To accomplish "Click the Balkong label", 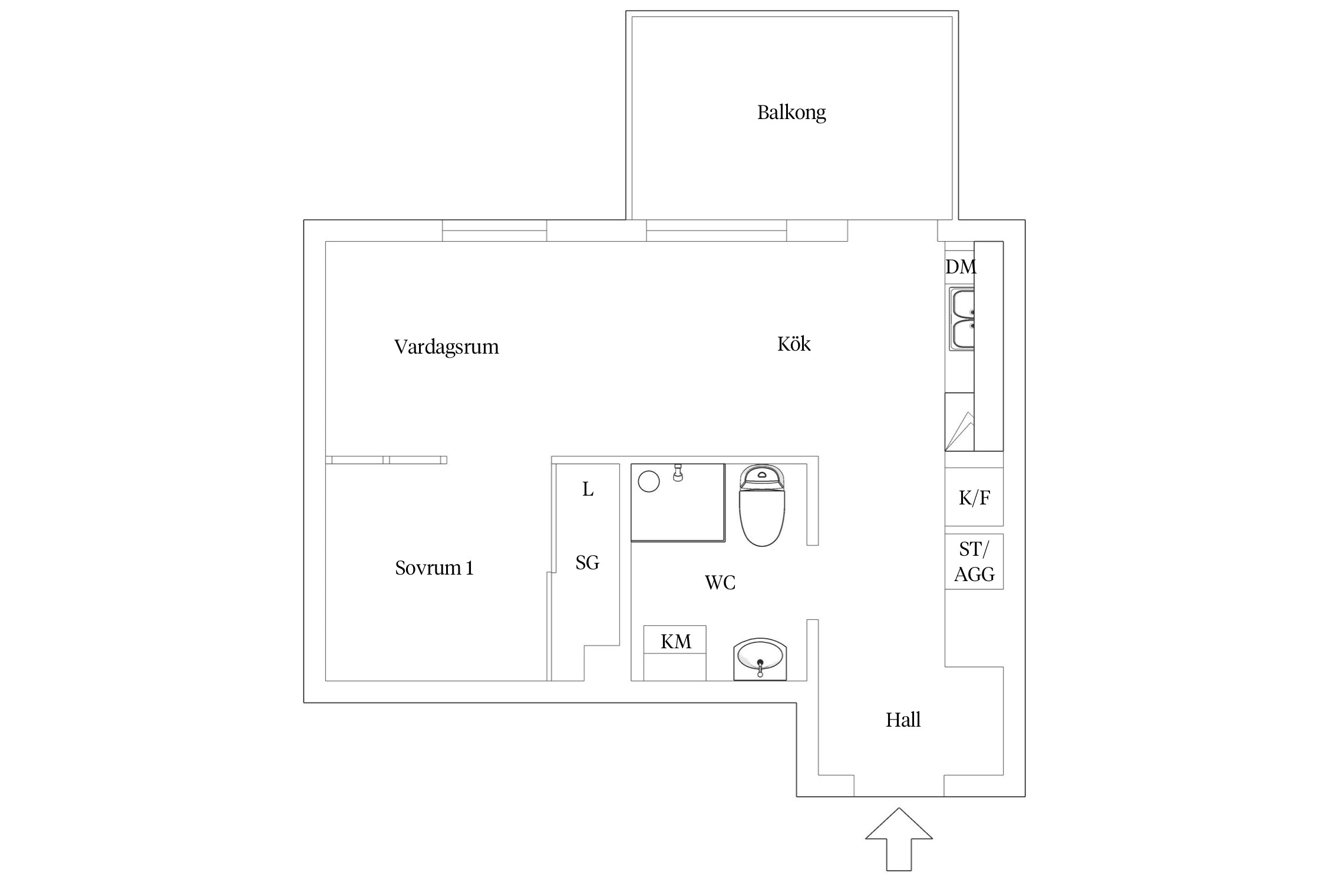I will coord(791,112).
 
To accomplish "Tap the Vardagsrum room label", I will coord(446,347).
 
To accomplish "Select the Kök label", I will coord(793,344).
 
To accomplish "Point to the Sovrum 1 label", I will coord(434,568).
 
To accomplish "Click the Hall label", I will coord(902,720).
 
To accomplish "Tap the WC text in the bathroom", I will coord(720,583).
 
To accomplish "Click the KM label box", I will coord(675,641).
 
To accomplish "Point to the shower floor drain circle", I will coord(648,481).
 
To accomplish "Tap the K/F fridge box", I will coord(974,498).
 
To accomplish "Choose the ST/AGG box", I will coord(974,562).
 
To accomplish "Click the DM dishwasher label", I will coord(960,267).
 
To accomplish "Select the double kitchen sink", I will coord(962,319).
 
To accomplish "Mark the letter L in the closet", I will coord(588,489).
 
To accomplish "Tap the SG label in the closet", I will coord(587,563).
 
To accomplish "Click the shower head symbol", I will coord(678,473).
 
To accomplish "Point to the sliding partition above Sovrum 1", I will coord(386,460).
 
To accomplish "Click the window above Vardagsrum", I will coord(494,230).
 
